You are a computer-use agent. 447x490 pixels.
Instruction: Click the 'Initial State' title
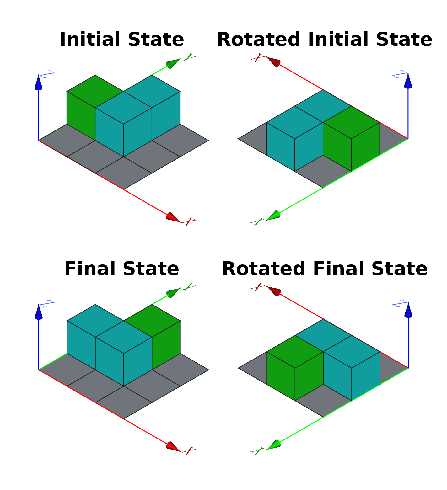click(x=121, y=40)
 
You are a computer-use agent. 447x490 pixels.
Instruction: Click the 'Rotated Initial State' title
click(x=325, y=40)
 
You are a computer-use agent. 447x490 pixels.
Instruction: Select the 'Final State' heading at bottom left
click(x=121, y=269)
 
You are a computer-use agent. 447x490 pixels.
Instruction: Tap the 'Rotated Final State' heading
click(x=325, y=269)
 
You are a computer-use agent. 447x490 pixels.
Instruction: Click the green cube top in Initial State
click(x=95, y=91)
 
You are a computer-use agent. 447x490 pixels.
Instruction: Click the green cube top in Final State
click(x=152, y=321)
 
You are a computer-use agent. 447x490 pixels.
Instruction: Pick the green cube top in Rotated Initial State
click(x=351, y=122)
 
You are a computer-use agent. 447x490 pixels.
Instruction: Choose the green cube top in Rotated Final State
click(x=295, y=352)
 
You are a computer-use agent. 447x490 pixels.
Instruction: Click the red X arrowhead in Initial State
click(x=173, y=217)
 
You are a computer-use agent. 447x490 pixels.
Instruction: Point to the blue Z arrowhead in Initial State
click(x=38, y=83)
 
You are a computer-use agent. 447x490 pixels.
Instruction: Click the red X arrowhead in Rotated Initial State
click(x=273, y=62)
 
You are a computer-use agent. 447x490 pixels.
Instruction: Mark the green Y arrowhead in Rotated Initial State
click(x=273, y=216)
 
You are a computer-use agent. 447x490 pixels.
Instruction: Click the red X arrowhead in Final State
click(x=173, y=446)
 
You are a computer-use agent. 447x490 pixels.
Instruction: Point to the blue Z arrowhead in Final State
click(x=38, y=312)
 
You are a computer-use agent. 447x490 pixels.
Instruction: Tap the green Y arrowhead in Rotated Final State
click(x=273, y=445)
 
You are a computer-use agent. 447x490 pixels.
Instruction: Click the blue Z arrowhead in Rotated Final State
click(x=408, y=310)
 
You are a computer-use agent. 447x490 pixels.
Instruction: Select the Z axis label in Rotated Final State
click(x=400, y=304)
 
